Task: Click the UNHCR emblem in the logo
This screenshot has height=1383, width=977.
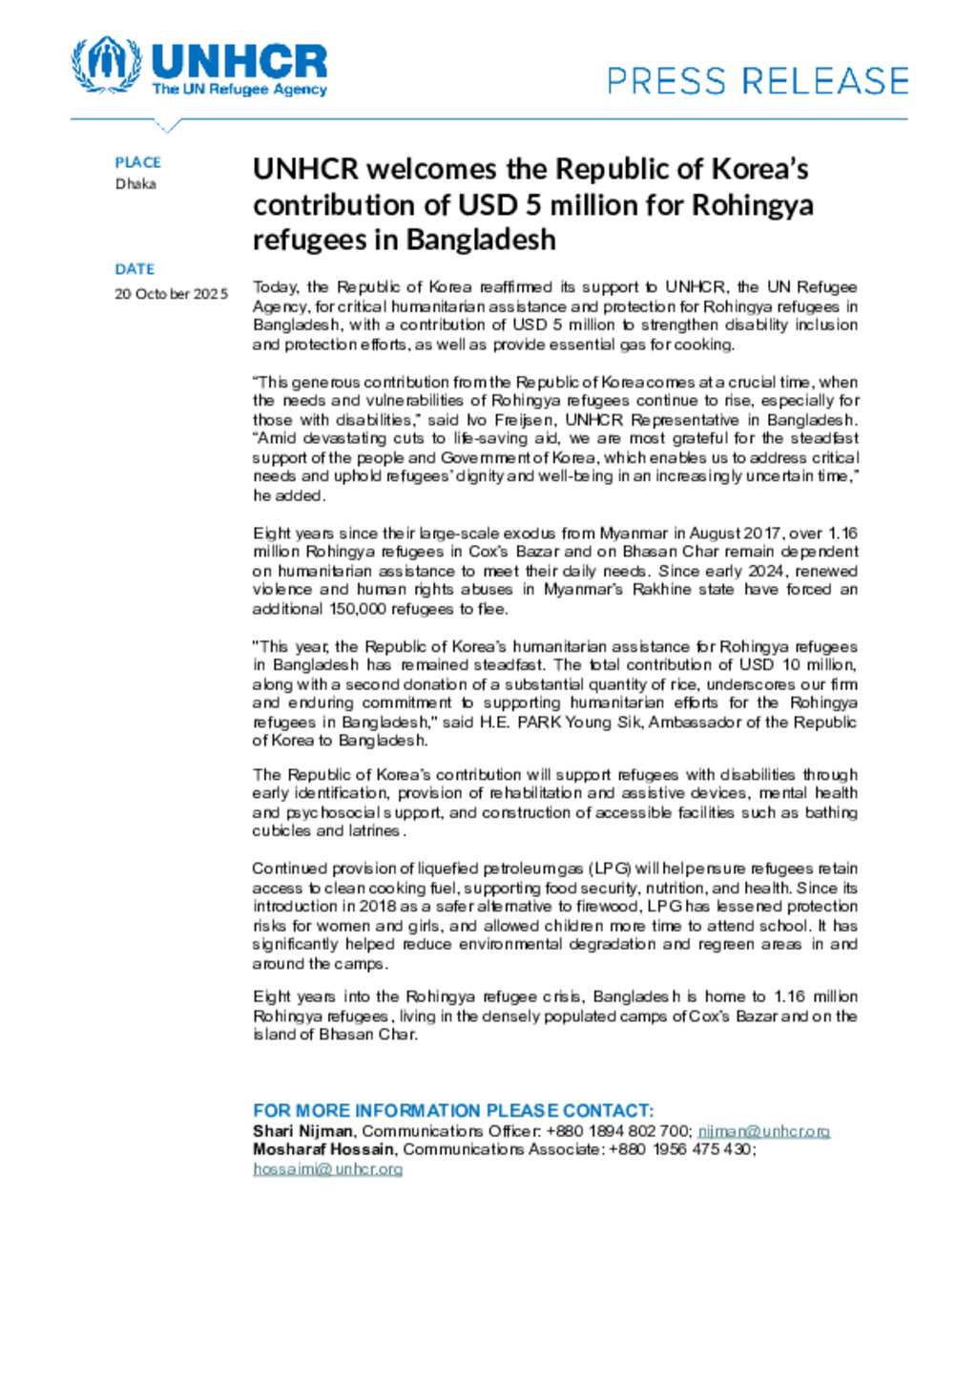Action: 106,65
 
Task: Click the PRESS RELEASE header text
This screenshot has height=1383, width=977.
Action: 758,81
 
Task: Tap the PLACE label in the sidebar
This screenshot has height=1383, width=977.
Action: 137,162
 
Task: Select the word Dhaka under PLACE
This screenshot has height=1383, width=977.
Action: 135,183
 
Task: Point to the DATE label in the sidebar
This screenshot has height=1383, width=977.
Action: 135,269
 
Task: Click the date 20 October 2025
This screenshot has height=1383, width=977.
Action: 172,294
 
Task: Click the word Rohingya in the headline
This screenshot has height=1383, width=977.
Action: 752,205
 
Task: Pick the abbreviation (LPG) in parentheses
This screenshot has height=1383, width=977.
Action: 610,869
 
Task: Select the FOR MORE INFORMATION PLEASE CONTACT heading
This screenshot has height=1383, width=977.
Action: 453,1111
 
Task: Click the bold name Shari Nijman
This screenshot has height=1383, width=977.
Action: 302,1131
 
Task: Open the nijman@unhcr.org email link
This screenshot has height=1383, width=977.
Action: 763,1131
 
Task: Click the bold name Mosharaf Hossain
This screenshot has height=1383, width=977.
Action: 323,1149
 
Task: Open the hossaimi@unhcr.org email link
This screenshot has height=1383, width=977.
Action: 327,1168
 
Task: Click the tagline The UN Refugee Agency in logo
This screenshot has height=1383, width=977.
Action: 239,90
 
